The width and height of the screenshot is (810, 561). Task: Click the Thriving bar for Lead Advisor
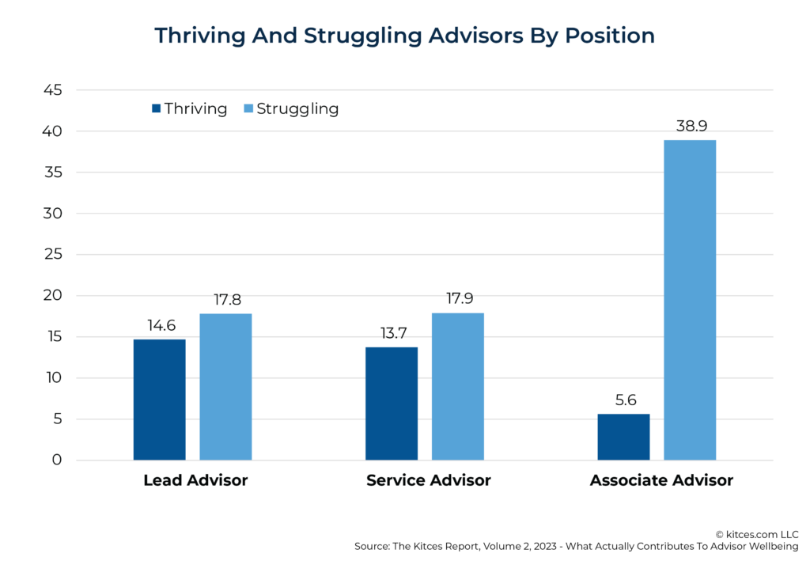coord(159,400)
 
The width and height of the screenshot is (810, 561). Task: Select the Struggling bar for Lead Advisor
coord(225,387)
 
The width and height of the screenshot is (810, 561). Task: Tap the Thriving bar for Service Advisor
coord(392,404)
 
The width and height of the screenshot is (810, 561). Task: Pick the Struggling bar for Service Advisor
coord(457,386)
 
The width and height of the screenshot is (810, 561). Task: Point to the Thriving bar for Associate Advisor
coord(623,437)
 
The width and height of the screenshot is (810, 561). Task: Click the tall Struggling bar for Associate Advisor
coord(690,300)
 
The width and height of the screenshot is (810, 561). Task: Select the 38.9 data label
coord(690,125)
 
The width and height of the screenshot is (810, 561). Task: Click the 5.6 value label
coord(623,400)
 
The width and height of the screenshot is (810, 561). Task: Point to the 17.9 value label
coord(457,298)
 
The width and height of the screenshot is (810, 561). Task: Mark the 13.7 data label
coord(392,332)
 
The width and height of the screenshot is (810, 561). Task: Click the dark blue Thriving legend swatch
coord(156,109)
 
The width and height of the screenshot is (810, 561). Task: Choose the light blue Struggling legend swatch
coord(247,109)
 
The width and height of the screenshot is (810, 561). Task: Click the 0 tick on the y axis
coord(57,460)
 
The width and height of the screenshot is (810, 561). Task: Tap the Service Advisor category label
coord(428,480)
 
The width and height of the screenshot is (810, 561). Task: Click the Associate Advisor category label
coord(661,480)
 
